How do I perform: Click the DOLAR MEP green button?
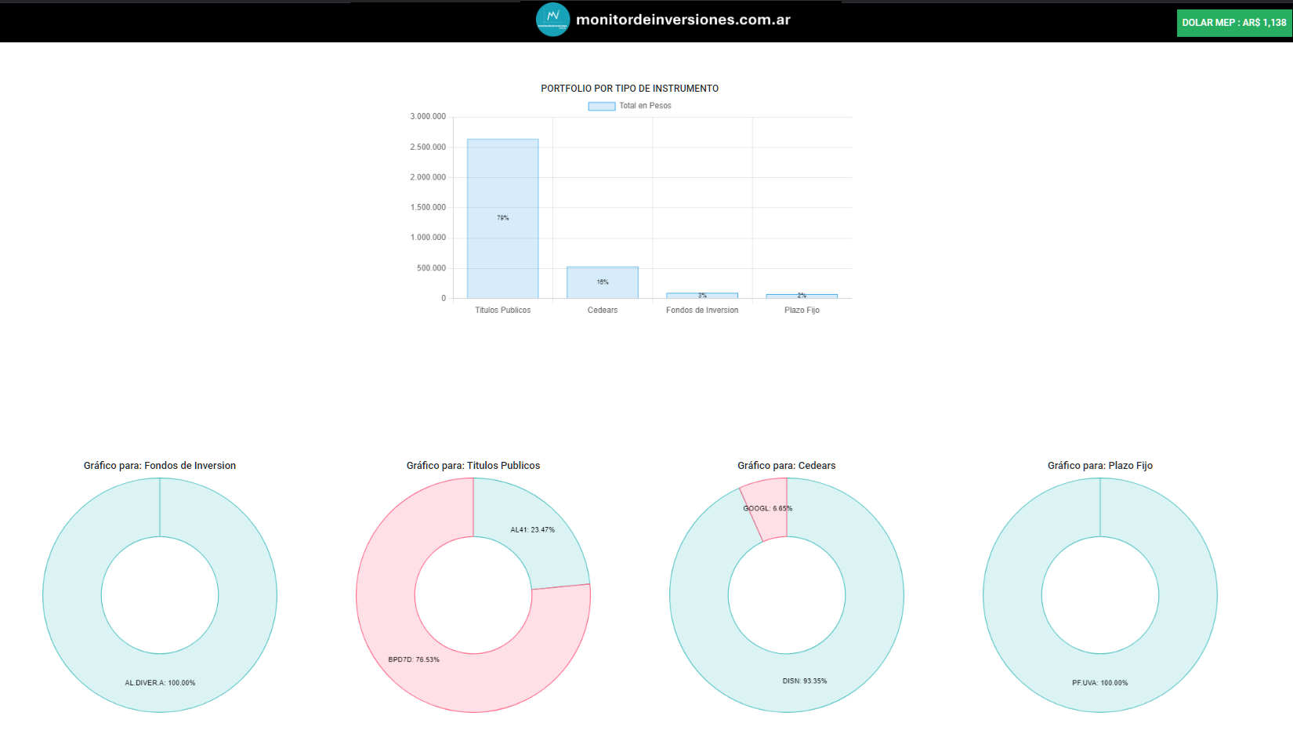click(1233, 23)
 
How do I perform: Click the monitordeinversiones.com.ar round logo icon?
click(552, 20)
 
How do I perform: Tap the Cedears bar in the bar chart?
click(602, 283)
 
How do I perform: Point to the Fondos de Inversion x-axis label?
click(702, 311)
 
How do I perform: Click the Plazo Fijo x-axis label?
click(802, 311)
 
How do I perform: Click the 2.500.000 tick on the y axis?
click(428, 147)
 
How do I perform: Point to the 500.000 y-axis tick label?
click(431, 268)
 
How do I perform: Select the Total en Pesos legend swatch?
click(601, 106)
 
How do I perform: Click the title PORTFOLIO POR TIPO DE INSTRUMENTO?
click(629, 89)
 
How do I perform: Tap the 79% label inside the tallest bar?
click(502, 218)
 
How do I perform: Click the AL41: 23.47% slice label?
click(532, 530)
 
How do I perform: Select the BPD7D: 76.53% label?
click(414, 659)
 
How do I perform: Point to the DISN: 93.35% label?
click(804, 681)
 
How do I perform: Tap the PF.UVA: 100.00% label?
click(1099, 683)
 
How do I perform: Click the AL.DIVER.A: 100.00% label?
click(160, 683)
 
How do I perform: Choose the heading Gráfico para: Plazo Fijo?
click(1099, 466)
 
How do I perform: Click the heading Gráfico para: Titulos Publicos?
click(473, 466)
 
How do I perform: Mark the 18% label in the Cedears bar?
click(602, 282)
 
